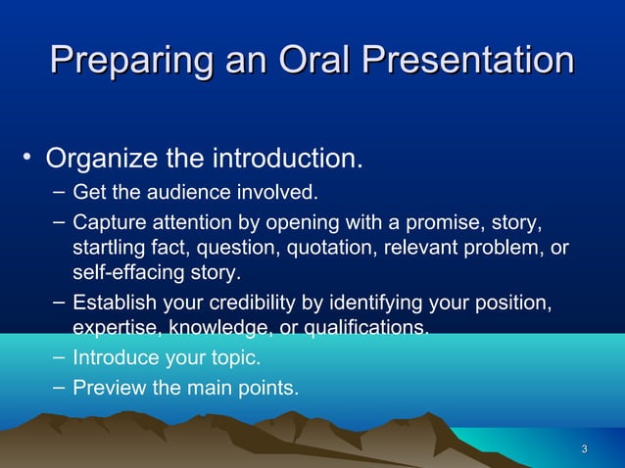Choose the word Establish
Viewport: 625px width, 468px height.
(114, 303)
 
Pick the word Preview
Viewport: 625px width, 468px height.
(108, 389)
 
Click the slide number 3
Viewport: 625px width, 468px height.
(584, 449)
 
